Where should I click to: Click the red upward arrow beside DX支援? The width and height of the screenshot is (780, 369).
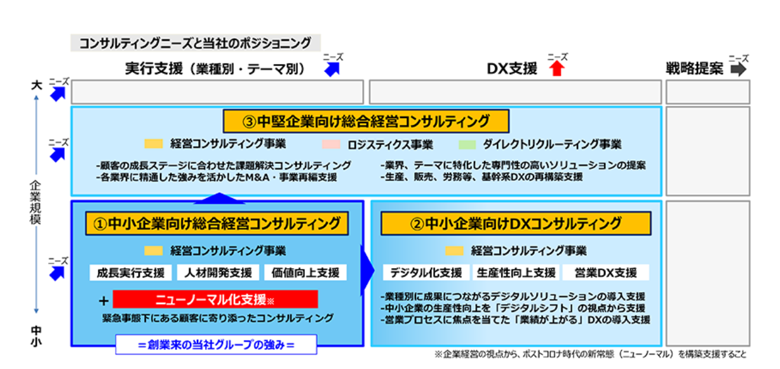557,69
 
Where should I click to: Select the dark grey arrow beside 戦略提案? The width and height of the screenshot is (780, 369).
738,69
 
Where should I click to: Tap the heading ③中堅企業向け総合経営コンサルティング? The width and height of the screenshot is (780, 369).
366,121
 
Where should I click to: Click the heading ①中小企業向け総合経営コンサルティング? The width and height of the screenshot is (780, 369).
217,223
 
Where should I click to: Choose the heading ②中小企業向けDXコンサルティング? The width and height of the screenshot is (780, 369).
516,223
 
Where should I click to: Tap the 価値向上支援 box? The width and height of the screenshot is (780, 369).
306,272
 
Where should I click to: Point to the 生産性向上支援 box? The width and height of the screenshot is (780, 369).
515,272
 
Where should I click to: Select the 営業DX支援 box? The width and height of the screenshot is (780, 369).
605,272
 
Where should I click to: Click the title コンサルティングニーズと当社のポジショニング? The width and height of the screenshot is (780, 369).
195,43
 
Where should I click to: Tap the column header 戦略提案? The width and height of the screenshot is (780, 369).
694,69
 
